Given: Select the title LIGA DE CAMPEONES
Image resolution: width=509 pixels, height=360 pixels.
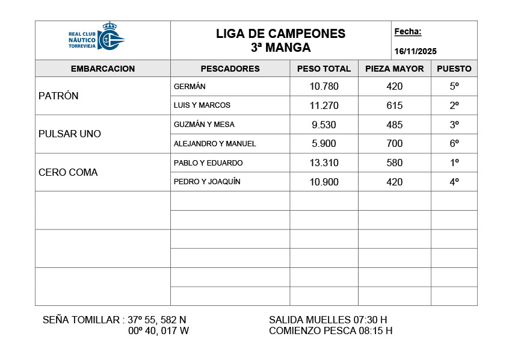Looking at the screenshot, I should point(280,34).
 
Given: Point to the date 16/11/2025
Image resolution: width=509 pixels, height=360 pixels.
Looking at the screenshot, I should point(416,51).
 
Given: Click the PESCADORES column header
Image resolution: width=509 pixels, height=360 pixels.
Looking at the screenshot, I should point(230,69).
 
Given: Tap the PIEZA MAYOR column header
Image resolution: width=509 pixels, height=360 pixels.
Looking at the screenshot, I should point(394,69).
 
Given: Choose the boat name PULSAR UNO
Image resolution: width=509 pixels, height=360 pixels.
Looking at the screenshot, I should point(70,134).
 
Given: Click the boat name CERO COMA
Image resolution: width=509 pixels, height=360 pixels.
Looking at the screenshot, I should point(68,172).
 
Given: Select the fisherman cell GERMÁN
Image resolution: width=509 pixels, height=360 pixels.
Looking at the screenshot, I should point(190,87).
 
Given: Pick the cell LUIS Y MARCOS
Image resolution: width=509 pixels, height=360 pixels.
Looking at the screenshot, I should point(202,105).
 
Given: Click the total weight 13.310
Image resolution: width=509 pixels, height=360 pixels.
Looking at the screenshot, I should point(324,163).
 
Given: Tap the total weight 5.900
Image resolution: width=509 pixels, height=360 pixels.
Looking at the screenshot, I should point(324,144).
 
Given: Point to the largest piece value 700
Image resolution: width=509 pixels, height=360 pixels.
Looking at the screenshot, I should point(395,144).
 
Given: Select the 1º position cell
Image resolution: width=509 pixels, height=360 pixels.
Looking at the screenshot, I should point(454,163).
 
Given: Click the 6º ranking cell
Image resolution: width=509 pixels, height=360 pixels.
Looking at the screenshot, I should point(454,144).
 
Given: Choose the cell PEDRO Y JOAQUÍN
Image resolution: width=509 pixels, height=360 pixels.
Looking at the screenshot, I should point(207,182).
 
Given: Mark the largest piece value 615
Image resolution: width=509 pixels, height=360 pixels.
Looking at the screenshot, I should point(395,105).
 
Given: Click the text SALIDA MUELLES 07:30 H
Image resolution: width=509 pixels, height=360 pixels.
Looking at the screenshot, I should point(328,320).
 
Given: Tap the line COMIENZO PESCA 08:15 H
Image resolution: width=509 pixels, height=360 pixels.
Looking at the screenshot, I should point(330,331).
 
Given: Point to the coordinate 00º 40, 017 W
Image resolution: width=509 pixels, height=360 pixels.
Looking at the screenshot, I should point(159,331).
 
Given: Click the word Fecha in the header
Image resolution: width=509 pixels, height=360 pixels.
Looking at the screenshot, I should point(408,32).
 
